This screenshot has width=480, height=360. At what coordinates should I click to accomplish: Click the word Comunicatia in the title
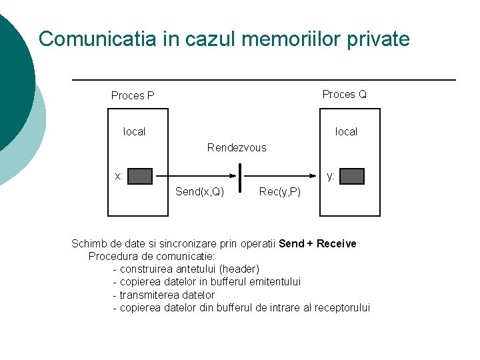[x=97, y=39]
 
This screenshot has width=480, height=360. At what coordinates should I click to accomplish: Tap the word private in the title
[x=378, y=39]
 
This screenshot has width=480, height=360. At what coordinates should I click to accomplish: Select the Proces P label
[x=133, y=96]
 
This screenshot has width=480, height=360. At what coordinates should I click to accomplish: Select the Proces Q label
[x=344, y=95]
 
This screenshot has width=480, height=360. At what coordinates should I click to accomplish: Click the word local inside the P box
[x=134, y=132]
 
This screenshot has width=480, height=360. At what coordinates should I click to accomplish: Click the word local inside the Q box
[x=346, y=132]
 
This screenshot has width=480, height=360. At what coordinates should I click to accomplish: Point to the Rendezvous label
[x=237, y=148]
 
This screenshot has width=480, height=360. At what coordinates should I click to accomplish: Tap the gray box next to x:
[x=140, y=176]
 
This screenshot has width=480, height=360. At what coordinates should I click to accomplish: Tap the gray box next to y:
[x=352, y=176]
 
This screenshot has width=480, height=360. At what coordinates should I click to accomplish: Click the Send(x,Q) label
[x=199, y=192]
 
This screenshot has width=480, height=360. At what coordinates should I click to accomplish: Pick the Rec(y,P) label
[x=279, y=192]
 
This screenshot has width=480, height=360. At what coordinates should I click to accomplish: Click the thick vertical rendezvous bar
[x=239, y=177]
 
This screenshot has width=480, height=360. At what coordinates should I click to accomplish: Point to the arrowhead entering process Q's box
[x=315, y=176]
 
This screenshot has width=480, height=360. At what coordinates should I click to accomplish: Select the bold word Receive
[x=337, y=244]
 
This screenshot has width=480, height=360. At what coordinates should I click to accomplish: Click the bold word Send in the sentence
[x=291, y=244]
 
